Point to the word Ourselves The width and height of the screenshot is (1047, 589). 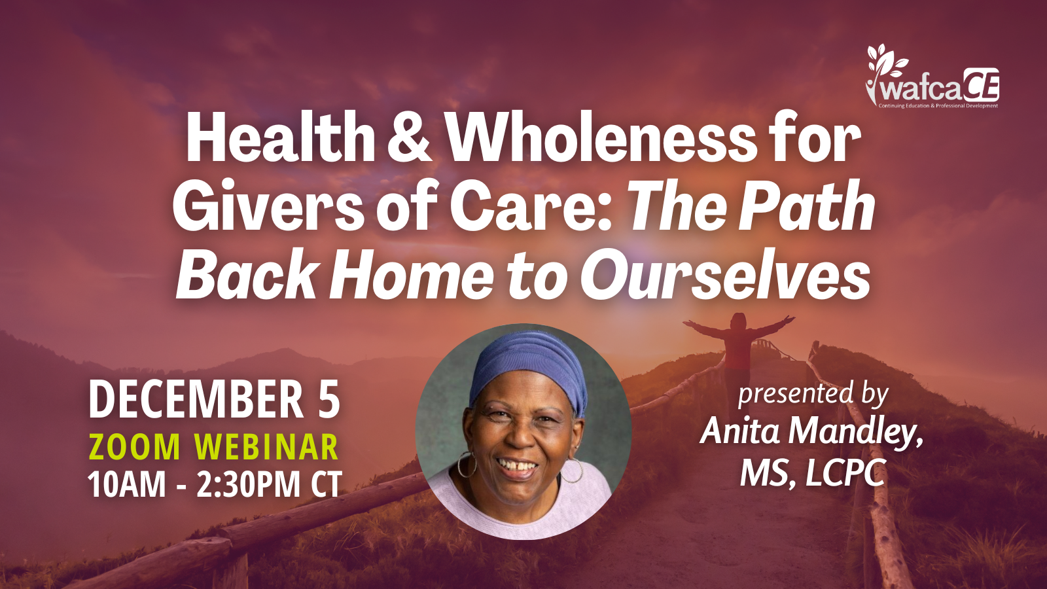(724, 277)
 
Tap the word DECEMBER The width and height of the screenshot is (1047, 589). (196, 400)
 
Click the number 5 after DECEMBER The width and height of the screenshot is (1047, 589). (329, 400)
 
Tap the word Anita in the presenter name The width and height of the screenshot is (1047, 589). (740, 431)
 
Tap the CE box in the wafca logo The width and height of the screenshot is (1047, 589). (981, 84)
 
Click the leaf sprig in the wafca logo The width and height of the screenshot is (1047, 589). (885, 66)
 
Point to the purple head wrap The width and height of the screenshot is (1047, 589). (529, 369)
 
